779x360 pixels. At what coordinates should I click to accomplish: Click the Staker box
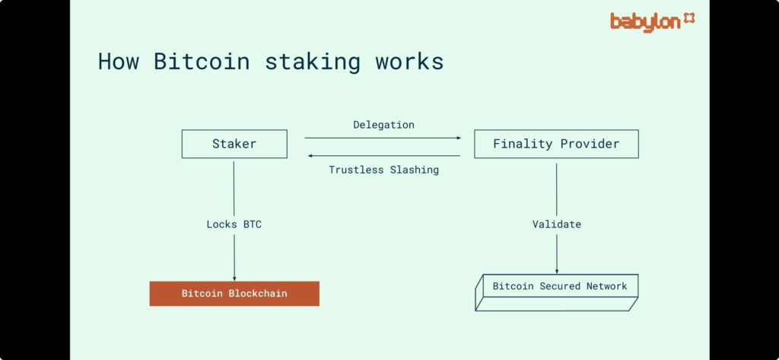click(x=234, y=144)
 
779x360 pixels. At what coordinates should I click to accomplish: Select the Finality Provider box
click(x=556, y=144)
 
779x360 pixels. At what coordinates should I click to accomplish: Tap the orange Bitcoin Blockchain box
click(x=234, y=293)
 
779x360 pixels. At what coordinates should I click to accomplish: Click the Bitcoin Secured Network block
click(x=556, y=292)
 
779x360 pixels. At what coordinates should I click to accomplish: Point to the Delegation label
click(x=383, y=125)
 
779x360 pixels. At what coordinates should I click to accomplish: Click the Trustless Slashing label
click(x=383, y=170)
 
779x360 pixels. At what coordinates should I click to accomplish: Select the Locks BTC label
click(x=234, y=225)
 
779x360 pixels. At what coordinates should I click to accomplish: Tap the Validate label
click(x=556, y=225)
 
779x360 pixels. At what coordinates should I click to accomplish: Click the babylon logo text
click(x=645, y=22)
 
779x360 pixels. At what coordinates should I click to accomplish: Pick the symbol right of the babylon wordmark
click(x=688, y=19)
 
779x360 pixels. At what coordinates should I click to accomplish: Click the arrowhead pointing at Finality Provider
click(x=459, y=138)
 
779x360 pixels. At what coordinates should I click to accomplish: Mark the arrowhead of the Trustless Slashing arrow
click(x=310, y=155)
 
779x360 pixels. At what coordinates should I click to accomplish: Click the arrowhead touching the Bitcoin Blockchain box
click(x=234, y=279)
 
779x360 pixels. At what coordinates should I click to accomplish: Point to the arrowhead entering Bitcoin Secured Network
click(x=556, y=271)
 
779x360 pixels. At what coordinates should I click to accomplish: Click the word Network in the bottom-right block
click(x=606, y=286)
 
